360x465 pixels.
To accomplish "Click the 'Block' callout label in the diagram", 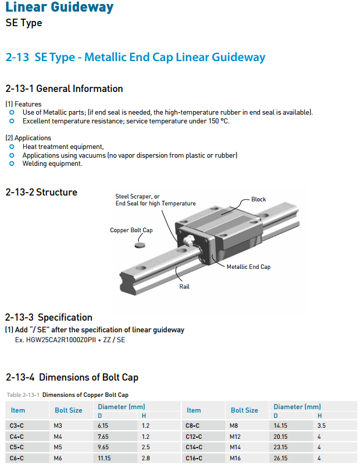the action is coord(258,199).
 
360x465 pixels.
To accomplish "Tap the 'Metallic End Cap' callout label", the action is coord(248,267).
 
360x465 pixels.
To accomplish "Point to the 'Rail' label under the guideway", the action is coord(184,286).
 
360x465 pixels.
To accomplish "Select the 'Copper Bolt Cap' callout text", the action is coord(131,230).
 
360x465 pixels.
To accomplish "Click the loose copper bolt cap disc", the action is coord(140,245).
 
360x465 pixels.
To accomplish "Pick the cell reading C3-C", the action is coord(17,425).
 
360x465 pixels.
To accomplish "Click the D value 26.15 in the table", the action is coord(280,458).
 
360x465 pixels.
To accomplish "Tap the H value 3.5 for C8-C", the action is coord(322,425).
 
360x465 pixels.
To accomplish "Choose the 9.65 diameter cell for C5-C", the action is coord(103,447).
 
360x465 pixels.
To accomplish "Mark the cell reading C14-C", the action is coord(194,447).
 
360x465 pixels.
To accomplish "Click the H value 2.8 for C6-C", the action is coord(145,458).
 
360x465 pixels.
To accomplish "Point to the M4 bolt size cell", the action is coord(58,436).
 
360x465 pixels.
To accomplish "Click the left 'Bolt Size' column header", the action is coord(69,410).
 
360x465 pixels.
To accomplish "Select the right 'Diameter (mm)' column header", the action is coord(297,407).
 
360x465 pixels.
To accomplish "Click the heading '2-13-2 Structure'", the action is coord(41,192).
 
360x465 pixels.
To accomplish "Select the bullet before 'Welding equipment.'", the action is coord(12,164).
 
